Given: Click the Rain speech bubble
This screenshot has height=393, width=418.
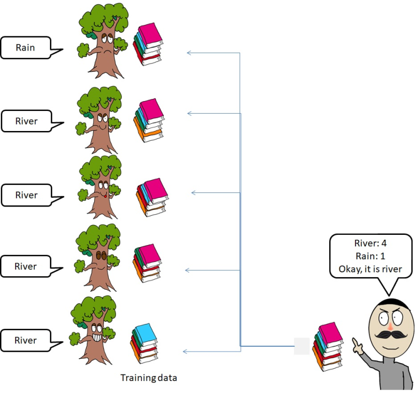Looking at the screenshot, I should [26, 48].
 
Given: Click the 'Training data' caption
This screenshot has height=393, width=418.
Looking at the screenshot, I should [149, 377].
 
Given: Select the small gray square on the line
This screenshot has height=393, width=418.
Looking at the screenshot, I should [302, 346].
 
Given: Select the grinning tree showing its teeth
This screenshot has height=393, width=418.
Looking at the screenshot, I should [94, 329].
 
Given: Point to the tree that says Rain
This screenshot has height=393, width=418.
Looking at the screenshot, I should [100, 41].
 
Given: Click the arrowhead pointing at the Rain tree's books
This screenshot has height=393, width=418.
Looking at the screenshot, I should [189, 53].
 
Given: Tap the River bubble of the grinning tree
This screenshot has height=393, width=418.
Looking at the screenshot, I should [26, 340].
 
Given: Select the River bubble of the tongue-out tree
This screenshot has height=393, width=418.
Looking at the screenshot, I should [26, 195].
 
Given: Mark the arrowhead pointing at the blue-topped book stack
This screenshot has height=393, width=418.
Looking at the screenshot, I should [185, 352].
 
